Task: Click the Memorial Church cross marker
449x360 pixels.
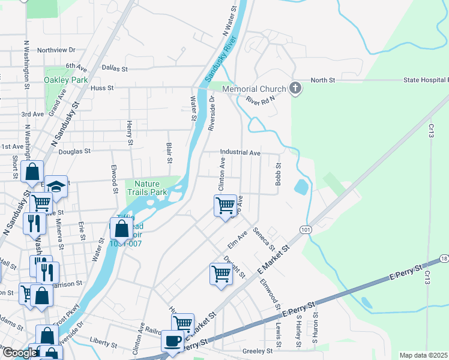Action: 295,89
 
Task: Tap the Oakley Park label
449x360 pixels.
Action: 66,80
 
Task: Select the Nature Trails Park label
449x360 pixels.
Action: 151,188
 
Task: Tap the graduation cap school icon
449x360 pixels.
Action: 56,187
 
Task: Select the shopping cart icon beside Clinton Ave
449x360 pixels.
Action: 225,205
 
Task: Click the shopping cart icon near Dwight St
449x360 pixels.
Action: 221,274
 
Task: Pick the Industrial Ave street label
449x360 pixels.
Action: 240,153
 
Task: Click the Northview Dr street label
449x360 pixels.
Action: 56,50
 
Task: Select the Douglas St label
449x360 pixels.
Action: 75,152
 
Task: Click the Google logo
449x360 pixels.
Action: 19,353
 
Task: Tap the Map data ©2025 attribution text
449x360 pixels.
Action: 424,355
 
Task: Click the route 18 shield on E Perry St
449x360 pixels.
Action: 444,258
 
